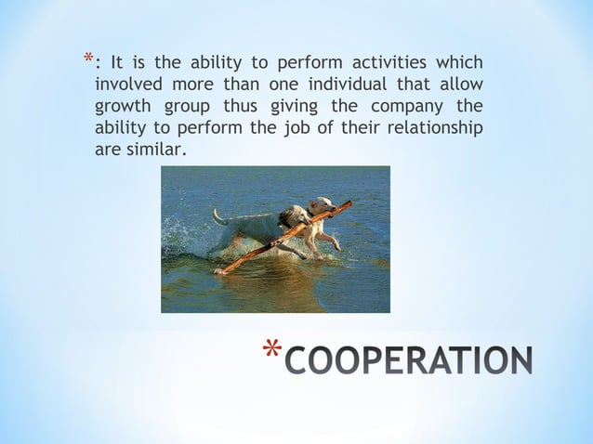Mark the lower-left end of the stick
pos(220,271)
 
